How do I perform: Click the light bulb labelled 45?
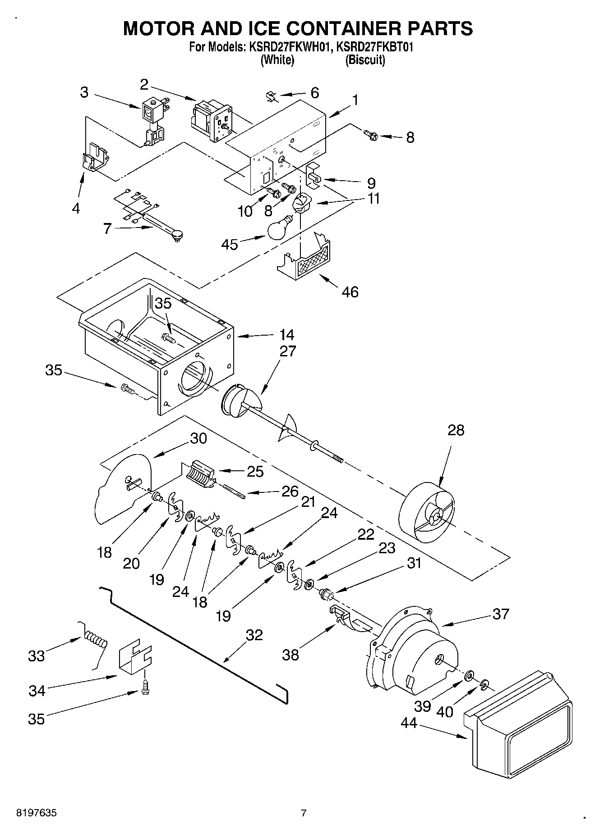(x=279, y=229)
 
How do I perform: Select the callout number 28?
(x=456, y=430)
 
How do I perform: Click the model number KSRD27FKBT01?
(x=375, y=47)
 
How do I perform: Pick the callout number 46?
(x=350, y=292)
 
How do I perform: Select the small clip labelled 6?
(x=271, y=96)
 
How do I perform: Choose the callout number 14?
(x=286, y=335)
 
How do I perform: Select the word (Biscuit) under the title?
(x=365, y=60)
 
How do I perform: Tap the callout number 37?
(x=501, y=614)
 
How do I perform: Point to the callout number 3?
(x=84, y=92)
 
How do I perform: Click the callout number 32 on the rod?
(x=254, y=635)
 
